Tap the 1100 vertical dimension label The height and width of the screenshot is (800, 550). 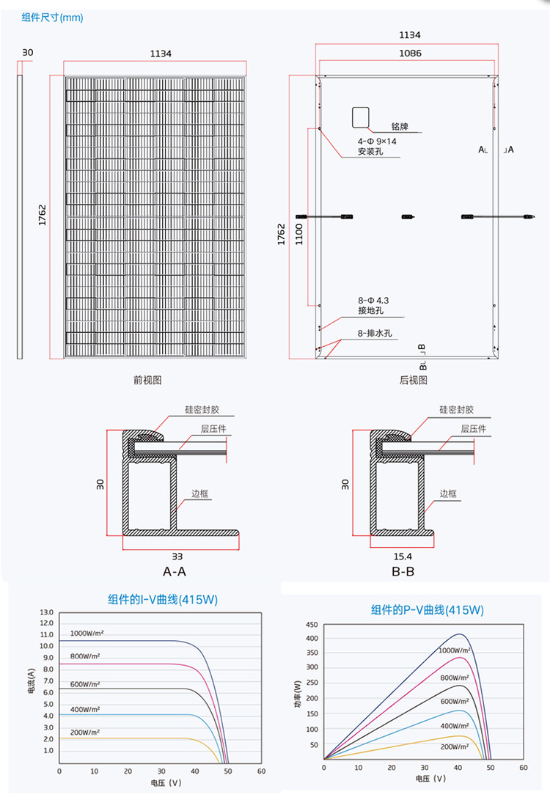[x=299, y=235]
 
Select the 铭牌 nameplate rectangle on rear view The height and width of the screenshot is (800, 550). [x=359, y=118]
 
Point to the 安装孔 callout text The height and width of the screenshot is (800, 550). [x=370, y=152]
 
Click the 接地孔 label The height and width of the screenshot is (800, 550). [x=370, y=312]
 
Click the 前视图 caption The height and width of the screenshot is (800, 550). [x=147, y=380]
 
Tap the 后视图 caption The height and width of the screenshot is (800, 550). [x=413, y=380]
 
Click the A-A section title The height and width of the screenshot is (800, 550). [x=174, y=571]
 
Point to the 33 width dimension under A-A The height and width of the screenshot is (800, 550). [x=177, y=557]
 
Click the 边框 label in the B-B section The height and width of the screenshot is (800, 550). [x=448, y=493]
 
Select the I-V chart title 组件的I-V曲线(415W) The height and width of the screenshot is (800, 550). [x=163, y=600]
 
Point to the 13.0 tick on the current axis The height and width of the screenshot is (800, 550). [x=47, y=612]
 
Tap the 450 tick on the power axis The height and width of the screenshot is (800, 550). [x=311, y=625]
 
